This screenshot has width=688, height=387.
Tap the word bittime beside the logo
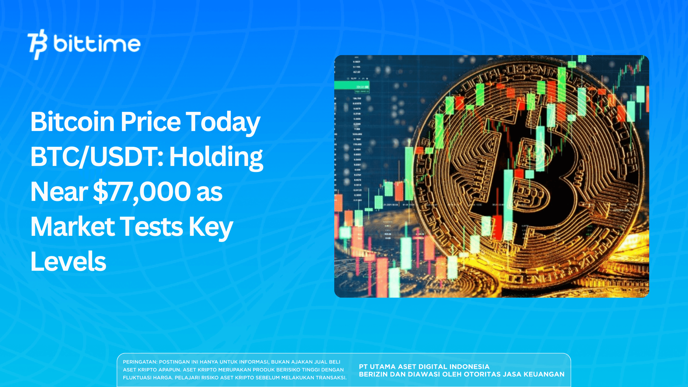(x=97, y=44)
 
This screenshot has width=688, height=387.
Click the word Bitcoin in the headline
(x=73, y=122)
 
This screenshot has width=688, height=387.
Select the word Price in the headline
(x=151, y=122)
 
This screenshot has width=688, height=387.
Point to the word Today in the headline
(x=223, y=122)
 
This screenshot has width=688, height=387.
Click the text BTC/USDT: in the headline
(x=97, y=157)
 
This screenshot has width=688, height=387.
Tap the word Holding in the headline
(x=216, y=157)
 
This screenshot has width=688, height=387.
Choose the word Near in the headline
(x=59, y=191)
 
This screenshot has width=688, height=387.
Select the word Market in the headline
(x=73, y=226)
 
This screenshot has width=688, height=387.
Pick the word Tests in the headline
(x=152, y=226)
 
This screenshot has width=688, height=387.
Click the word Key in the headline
(x=211, y=227)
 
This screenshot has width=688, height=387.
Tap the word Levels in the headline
(x=68, y=261)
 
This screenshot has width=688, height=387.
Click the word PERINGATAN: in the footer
(x=140, y=362)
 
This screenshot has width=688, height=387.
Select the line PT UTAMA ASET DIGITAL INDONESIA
(x=424, y=367)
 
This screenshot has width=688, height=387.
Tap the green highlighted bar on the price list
(x=352, y=85)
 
